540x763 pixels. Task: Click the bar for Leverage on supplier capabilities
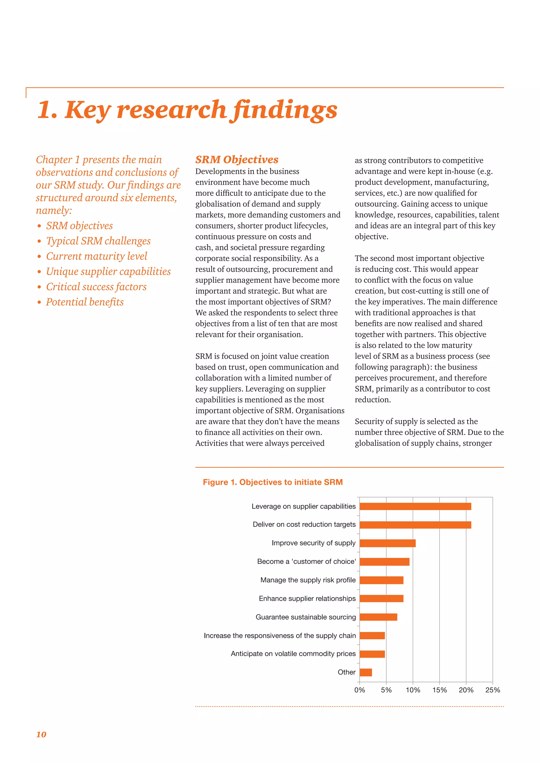pos(415,506)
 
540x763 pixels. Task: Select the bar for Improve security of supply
pos(387,543)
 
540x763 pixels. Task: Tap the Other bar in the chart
pos(366,672)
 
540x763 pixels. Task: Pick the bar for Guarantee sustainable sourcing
pos(378,617)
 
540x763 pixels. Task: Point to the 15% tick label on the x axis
pos(439,690)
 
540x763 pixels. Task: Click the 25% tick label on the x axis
pos(493,690)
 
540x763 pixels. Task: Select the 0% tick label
pos(359,690)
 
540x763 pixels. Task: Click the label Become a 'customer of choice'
pos(306,562)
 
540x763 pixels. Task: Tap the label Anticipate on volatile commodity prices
pos(293,654)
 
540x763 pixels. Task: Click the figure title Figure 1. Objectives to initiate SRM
pos(273,482)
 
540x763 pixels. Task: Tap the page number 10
pos(41,735)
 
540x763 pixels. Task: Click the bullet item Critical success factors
pos(96,287)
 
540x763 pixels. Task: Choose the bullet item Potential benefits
pos(85,302)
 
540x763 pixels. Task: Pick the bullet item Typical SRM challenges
pos(98,241)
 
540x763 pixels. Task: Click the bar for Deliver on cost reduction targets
pos(415,525)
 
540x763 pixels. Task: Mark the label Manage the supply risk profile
pos(308,580)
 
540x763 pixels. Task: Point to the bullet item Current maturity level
pos(97,256)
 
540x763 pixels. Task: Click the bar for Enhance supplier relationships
pos(381,599)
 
